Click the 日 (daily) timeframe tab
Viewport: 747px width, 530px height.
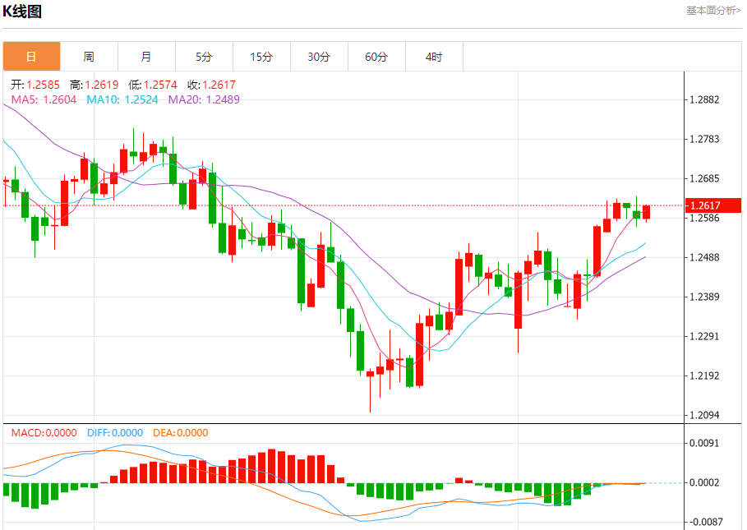click(31, 57)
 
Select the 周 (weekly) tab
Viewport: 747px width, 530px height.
click(89, 57)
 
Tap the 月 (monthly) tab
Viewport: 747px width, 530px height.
click(146, 57)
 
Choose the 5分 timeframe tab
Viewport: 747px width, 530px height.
click(204, 57)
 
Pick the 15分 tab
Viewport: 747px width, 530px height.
click(261, 57)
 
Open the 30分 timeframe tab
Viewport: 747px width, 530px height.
click(319, 57)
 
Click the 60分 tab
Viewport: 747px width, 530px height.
click(376, 57)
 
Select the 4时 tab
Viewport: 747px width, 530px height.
click(434, 57)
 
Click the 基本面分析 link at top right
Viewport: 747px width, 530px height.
click(713, 10)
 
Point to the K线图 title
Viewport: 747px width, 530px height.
click(23, 12)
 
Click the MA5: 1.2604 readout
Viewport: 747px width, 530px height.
click(44, 99)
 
